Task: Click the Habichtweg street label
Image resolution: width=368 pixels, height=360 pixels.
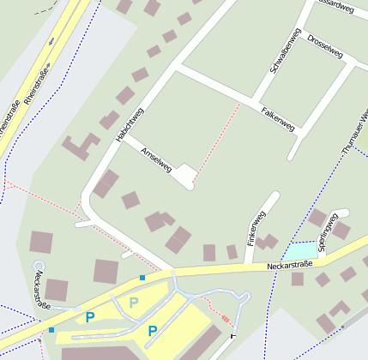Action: point(130,124)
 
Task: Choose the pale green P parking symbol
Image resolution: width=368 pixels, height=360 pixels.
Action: point(134,302)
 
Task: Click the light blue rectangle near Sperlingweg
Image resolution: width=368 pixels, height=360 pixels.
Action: point(300,251)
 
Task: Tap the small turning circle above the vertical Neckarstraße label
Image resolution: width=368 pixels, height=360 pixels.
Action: point(38,267)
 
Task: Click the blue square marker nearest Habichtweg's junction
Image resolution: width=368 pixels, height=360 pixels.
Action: point(142,278)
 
